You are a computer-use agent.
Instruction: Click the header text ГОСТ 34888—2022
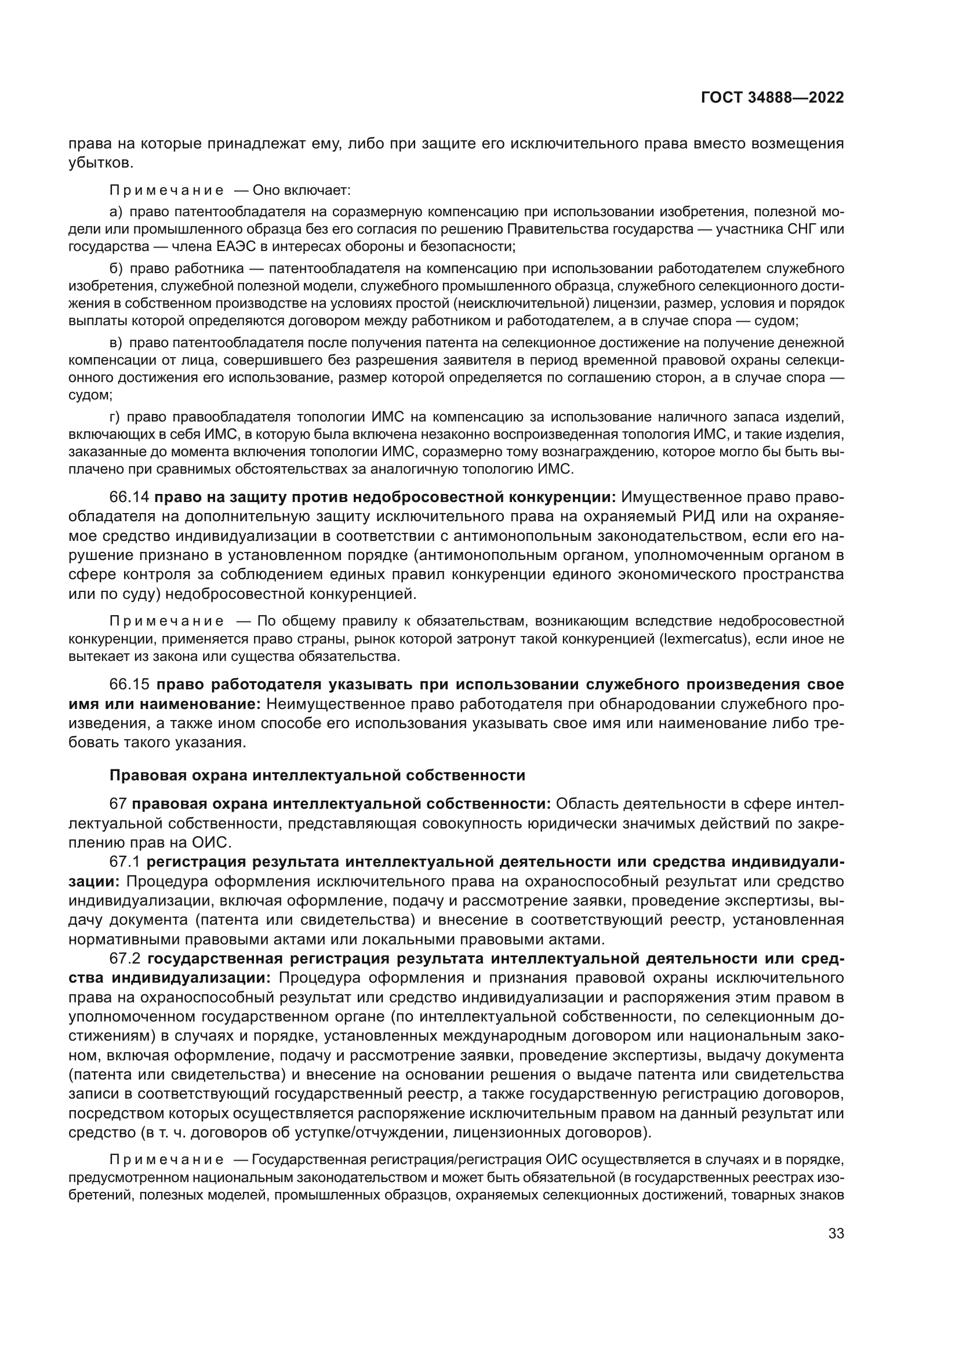[x=772, y=98]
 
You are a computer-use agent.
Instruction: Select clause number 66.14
[x=129, y=497]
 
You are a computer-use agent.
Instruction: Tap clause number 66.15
[x=129, y=685]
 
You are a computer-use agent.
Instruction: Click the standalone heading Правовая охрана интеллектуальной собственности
[x=317, y=776]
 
